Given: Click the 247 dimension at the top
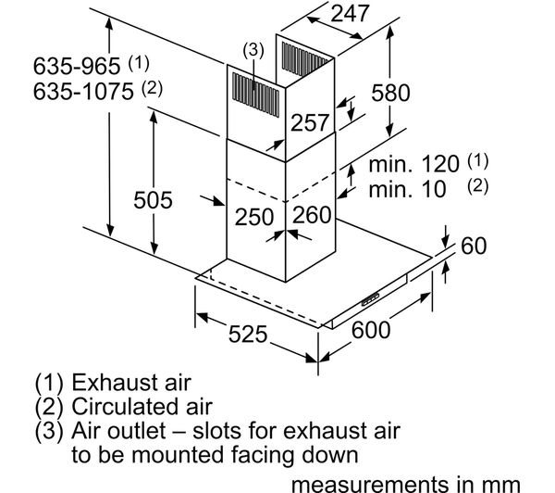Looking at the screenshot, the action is (x=350, y=13).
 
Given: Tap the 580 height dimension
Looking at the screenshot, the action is (x=390, y=93).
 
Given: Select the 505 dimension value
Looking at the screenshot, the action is (x=153, y=199).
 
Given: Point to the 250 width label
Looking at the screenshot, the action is (x=254, y=217).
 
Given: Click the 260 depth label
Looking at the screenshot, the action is (x=312, y=214).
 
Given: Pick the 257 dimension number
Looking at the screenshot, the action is (x=310, y=122).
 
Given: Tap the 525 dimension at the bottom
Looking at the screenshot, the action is (x=248, y=334).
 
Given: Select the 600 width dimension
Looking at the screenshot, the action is (x=371, y=330).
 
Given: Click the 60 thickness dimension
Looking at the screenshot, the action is (x=474, y=246).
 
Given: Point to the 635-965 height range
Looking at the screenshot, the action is (x=77, y=66).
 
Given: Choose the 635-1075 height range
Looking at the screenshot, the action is (x=83, y=91).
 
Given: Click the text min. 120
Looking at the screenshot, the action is (x=413, y=164).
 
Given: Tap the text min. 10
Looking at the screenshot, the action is (x=407, y=189).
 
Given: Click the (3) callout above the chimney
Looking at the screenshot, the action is (x=253, y=50).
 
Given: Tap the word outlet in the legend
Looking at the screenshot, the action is (x=136, y=431).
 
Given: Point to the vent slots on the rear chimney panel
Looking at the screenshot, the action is (x=304, y=59).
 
